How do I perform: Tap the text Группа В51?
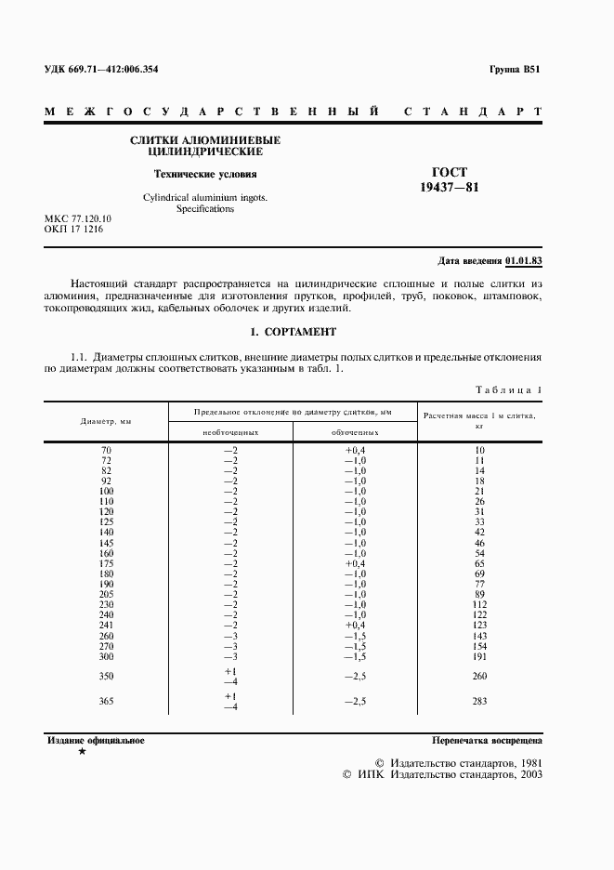point(515,70)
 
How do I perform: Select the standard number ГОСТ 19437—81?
point(450,179)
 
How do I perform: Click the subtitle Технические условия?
point(205,174)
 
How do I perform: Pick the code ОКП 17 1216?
point(73,229)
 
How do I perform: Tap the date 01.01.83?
point(525,260)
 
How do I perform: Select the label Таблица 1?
point(508,390)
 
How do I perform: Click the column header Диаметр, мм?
point(106,421)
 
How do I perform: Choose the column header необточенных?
point(230,432)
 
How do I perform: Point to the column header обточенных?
point(355,432)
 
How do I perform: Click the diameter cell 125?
point(106,522)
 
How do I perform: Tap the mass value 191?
point(479,655)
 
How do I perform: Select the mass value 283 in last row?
point(479,701)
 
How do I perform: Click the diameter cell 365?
point(106,701)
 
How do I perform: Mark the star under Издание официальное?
point(83,751)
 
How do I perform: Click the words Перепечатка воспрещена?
point(488,741)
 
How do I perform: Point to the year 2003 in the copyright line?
point(528,773)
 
